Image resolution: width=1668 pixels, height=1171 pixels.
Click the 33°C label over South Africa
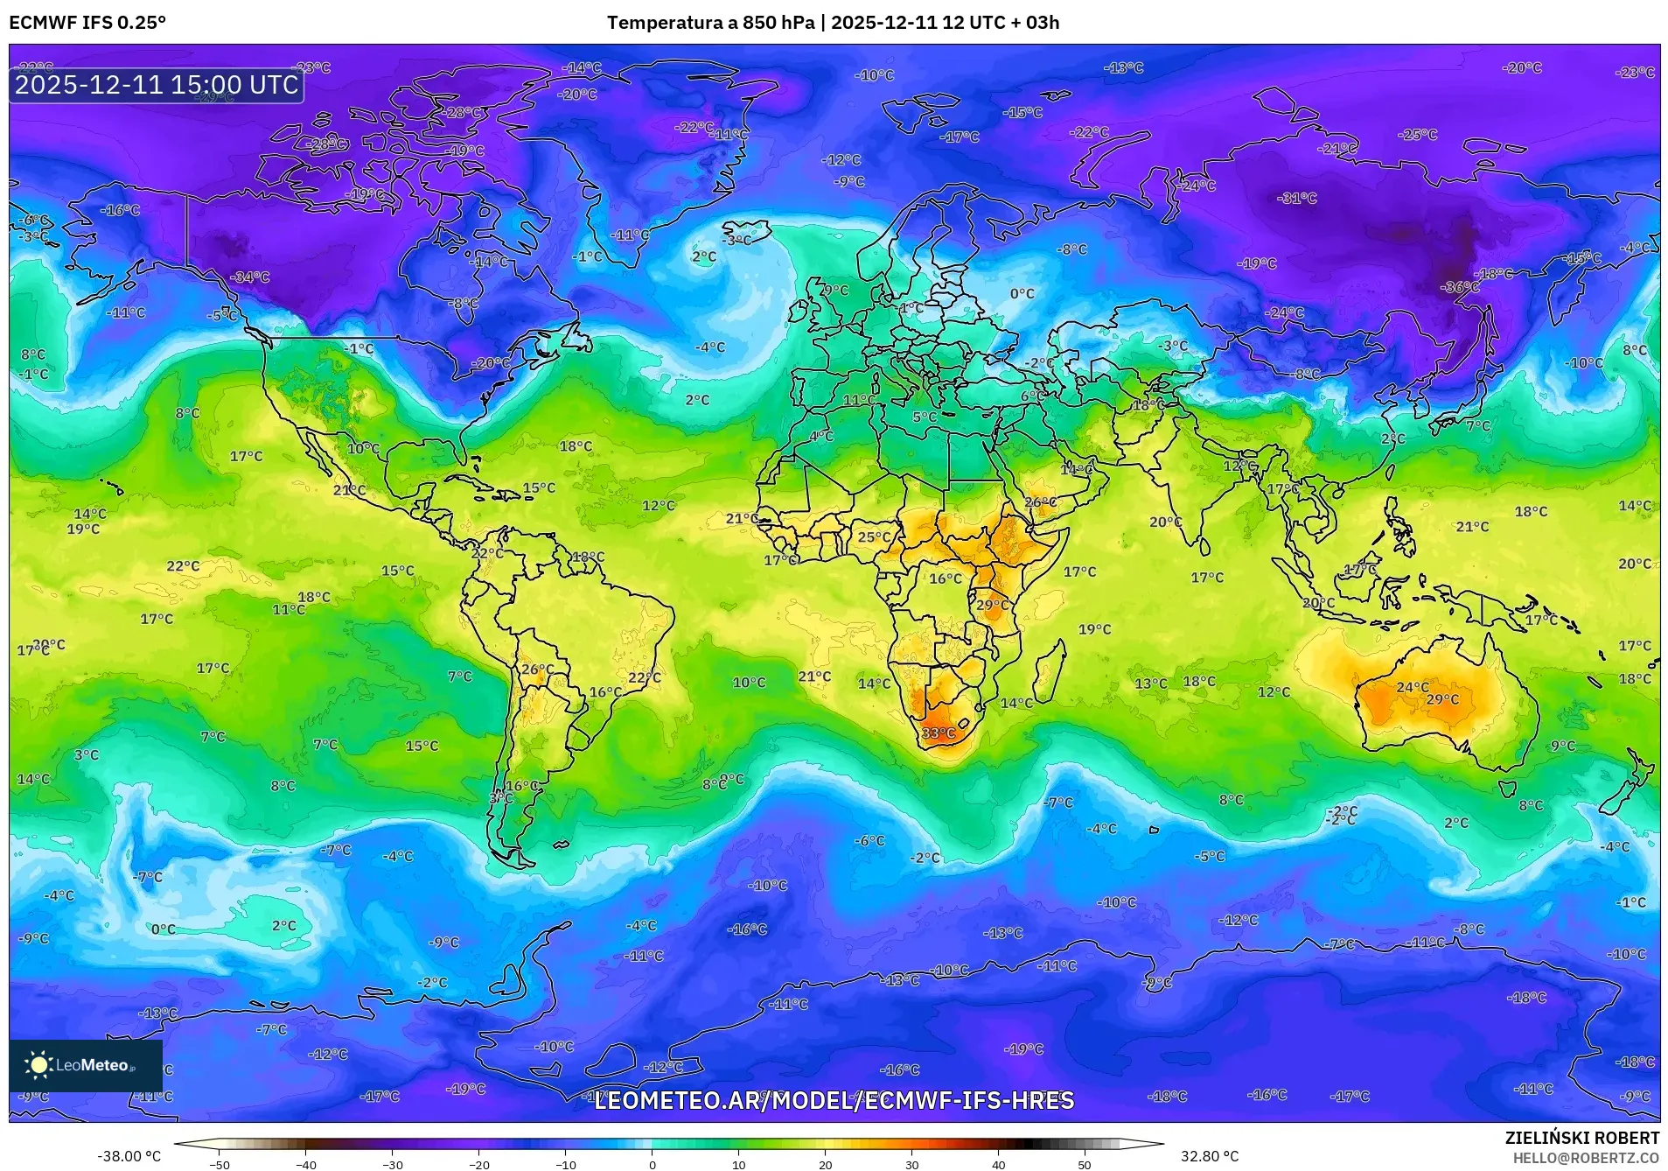click(938, 733)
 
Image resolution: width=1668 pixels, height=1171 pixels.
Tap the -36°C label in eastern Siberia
click(1460, 287)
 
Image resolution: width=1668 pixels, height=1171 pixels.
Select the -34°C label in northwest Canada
click(250, 277)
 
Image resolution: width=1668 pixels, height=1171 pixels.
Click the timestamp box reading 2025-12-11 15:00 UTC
click(157, 85)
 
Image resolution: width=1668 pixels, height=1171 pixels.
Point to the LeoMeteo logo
click(85, 1065)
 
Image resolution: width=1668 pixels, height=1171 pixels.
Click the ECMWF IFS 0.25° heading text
click(87, 22)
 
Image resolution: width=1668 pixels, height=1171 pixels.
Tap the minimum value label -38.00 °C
click(129, 1156)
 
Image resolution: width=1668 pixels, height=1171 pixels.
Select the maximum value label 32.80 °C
click(1210, 1156)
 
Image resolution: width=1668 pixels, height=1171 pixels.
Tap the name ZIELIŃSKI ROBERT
click(1581, 1139)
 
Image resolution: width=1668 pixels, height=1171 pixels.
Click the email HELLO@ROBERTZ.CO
click(1586, 1158)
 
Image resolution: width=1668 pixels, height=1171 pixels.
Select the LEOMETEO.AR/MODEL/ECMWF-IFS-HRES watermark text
click(834, 1100)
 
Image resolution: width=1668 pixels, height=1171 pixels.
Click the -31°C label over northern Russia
click(1297, 199)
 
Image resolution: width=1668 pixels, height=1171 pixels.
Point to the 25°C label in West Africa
click(874, 537)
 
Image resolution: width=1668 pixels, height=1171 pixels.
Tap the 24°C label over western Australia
click(1413, 688)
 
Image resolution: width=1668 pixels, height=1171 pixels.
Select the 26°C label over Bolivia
click(537, 670)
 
